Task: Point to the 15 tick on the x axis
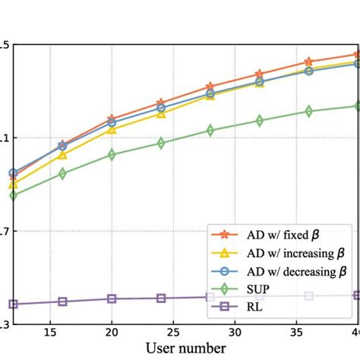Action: click(x=50, y=332)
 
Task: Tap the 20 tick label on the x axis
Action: click(x=112, y=332)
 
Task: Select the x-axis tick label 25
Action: click(x=173, y=332)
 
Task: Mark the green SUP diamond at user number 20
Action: click(x=112, y=154)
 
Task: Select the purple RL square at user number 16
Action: click(x=62, y=302)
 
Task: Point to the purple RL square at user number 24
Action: click(x=161, y=298)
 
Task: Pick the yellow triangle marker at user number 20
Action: click(x=112, y=129)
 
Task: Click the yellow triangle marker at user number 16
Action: click(x=62, y=155)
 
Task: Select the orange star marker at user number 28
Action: click(x=210, y=87)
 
